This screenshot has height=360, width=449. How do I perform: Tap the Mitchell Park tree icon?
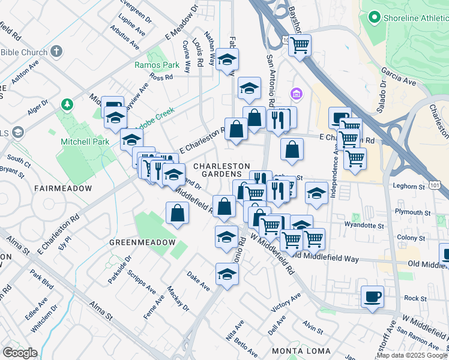click(67, 106)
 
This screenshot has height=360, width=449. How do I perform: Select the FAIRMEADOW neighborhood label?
click(63, 188)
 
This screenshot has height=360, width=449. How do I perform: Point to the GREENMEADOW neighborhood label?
click(142, 242)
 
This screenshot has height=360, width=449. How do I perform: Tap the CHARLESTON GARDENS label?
click(221, 170)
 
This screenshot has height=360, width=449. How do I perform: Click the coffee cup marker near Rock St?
click(372, 296)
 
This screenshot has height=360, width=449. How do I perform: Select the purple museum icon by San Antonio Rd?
click(295, 94)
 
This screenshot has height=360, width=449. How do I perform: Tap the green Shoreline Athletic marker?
click(376, 18)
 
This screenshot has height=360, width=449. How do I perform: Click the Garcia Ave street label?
click(399, 78)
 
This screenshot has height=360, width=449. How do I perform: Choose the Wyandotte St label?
click(364, 226)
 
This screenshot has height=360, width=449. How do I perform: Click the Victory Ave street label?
click(286, 304)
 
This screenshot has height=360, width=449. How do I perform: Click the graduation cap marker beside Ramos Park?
click(228, 59)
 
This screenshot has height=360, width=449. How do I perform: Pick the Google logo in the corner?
click(20, 352)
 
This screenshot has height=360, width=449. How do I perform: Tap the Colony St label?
click(411, 238)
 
